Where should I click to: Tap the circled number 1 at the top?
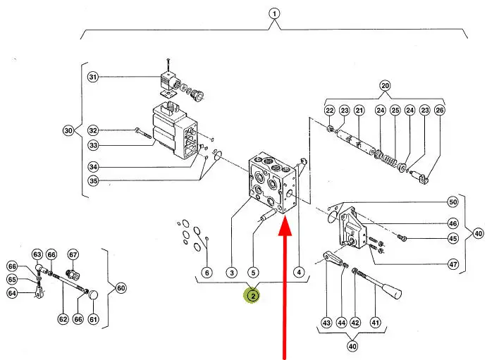click(274, 13)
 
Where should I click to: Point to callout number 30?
click(68, 130)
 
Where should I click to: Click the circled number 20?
click(385, 86)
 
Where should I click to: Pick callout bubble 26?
click(440, 110)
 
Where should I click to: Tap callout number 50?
click(452, 202)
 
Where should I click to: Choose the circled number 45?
click(452, 238)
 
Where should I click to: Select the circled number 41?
click(374, 323)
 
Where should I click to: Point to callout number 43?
click(326, 323)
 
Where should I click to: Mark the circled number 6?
click(206, 272)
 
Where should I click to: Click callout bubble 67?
click(73, 254)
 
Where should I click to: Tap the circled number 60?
click(121, 288)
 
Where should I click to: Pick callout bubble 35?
click(93, 180)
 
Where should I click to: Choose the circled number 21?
click(359, 110)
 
